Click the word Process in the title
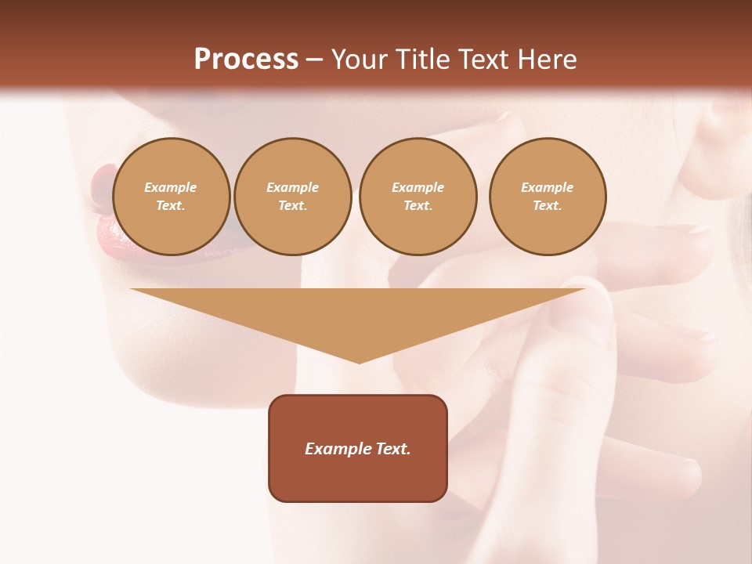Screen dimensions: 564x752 [x=246, y=59]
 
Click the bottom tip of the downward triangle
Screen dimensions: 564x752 [x=359, y=361]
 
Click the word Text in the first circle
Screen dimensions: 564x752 [x=170, y=206]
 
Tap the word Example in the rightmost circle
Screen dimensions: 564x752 [x=547, y=187]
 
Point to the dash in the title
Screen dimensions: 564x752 [x=315, y=60]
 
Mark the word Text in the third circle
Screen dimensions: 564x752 [x=418, y=206]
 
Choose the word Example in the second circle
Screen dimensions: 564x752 [x=293, y=187]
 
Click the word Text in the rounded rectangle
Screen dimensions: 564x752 [x=391, y=449]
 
